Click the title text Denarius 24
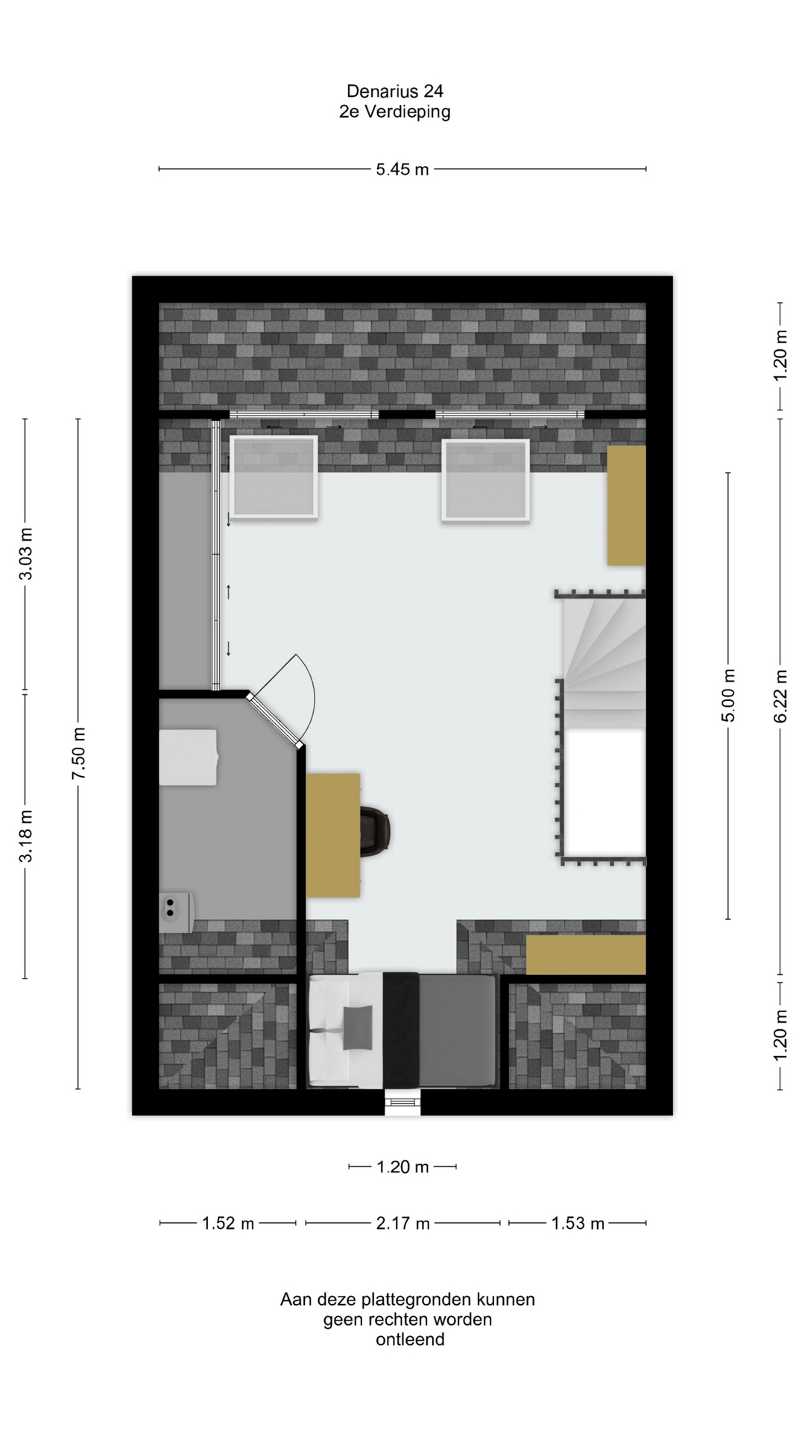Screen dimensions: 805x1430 point(394,91)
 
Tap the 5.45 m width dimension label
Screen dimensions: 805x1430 point(402,169)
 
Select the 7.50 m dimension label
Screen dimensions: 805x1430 point(78,754)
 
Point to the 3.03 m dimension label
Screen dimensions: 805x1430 point(25,554)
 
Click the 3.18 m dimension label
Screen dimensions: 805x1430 point(25,836)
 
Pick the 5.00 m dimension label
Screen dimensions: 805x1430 point(728,696)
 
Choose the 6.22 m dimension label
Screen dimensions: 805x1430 point(780,696)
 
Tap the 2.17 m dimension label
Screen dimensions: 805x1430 point(402,1223)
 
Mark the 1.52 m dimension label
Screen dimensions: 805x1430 point(228,1223)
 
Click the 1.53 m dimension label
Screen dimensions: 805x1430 point(578,1223)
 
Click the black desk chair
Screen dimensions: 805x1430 point(376,830)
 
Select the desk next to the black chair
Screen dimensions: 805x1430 point(333,835)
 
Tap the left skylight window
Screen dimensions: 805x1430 point(274,477)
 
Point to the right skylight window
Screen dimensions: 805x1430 point(485,480)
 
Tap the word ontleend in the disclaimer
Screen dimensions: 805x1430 point(410,1339)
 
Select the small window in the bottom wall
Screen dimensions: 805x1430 point(402,1103)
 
